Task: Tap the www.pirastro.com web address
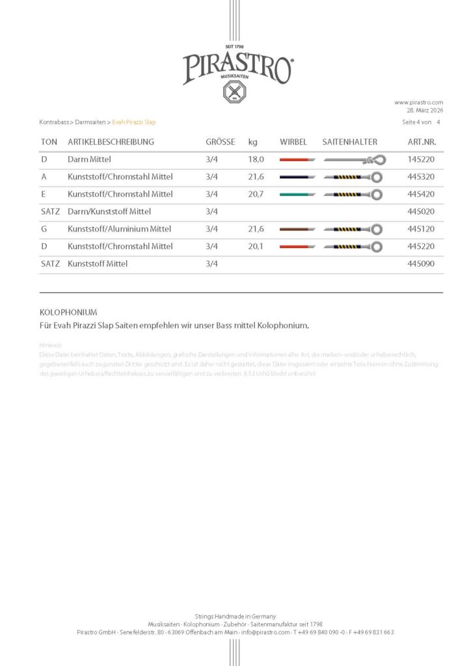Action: pyautogui.click(x=418, y=102)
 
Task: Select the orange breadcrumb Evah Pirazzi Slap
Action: pyautogui.click(x=134, y=122)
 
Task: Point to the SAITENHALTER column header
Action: pyautogui.click(x=349, y=142)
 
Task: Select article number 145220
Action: pyautogui.click(x=421, y=159)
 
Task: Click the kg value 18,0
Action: pyautogui.click(x=256, y=159)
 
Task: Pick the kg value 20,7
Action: pyautogui.click(x=256, y=194)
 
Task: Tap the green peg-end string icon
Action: pyautogui.click(x=297, y=194)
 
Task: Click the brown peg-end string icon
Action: pyautogui.click(x=297, y=229)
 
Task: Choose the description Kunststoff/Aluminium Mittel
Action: pyautogui.click(x=120, y=229)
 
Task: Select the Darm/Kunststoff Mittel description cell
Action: pyautogui.click(x=109, y=211)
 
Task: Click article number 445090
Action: pyautogui.click(x=421, y=263)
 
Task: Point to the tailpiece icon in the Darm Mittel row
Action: pyautogui.click(x=355, y=160)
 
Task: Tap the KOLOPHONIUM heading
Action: pyautogui.click(x=68, y=312)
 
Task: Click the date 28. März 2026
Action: pyautogui.click(x=425, y=111)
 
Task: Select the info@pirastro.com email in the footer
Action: pyautogui.click(x=265, y=632)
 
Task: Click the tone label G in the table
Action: pyautogui.click(x=44, y=229)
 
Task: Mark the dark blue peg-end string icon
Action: pyautogui.click(x=297, y=177)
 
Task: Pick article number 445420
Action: pyautogui.click(x=421, y=194)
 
